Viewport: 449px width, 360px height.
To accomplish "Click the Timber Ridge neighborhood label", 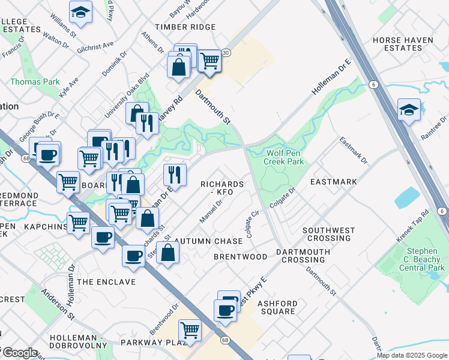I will click(x=185, y=27).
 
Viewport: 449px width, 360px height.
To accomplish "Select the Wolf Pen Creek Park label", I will click(x=285, y=157).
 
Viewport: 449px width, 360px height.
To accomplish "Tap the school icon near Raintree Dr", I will click(x=409, y=110).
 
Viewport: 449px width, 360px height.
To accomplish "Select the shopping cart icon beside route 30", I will click(x=209, y=60).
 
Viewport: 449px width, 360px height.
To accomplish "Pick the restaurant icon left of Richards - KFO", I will click(x=174, y=175).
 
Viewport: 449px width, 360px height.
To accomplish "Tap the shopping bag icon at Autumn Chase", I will click(x=168, y=252).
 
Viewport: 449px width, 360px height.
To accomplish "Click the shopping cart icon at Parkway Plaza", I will click(x=190, y=329).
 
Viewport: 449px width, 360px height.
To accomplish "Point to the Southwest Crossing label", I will click(x=326, y=234).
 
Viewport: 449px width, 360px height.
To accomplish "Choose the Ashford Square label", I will click(x=277, y=307).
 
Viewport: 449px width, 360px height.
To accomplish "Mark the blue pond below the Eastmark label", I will click(x=408, y=197).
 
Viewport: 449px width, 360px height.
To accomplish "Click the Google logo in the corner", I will click(x=19, y=353).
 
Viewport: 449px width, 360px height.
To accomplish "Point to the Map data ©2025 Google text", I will click(x=412, y=355).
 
